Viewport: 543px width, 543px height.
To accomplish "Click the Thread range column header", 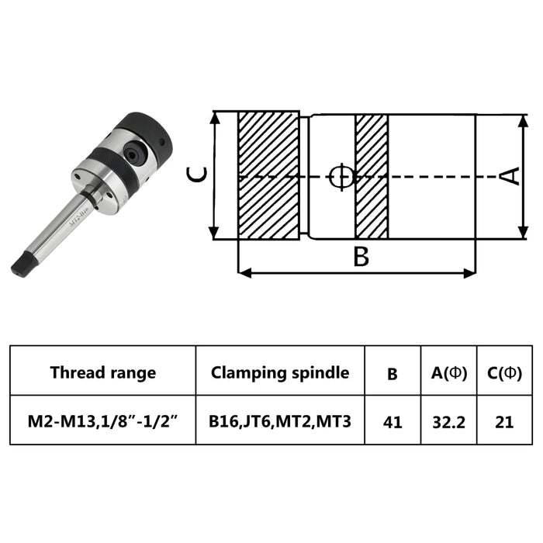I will (102, 372).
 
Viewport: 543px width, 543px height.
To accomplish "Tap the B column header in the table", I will (393, 373).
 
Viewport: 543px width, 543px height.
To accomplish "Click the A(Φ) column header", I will (448, 372).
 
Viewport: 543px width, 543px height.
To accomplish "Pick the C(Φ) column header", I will (503, 372).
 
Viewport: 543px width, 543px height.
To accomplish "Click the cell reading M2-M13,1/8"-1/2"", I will (102, 422).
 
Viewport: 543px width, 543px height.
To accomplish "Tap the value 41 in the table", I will (393, 422).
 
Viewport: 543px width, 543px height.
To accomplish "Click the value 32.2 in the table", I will (448, 422).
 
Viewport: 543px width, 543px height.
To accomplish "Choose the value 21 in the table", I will (503, 422).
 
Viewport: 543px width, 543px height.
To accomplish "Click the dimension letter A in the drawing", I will (509, 176).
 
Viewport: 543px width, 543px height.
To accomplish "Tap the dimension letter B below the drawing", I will (361, 257).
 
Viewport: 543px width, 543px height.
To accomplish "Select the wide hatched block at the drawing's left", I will (268, 176).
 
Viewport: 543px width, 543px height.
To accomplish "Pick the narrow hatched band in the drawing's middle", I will (371, 176).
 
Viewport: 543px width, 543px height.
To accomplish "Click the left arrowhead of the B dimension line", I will (243, 272).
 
